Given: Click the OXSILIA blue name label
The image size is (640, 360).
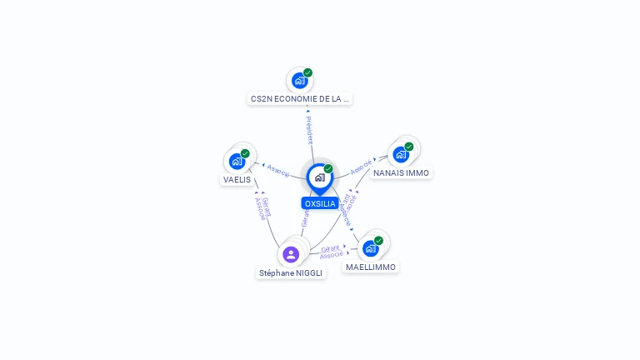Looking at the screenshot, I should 320,203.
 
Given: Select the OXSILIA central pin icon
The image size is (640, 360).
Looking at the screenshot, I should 319,177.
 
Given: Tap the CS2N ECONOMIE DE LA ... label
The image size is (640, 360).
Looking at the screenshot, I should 300,98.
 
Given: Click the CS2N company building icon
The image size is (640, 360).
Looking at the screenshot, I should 300,81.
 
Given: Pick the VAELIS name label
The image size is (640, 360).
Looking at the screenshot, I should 237,179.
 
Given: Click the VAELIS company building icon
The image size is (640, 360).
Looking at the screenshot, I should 237,161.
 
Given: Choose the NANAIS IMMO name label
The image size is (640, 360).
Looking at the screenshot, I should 401,172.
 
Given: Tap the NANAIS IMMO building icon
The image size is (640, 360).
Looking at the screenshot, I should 401,154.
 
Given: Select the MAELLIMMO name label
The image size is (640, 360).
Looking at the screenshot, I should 371,267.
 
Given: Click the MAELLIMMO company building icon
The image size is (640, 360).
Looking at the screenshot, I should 371,248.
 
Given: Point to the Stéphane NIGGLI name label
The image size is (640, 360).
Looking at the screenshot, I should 291,272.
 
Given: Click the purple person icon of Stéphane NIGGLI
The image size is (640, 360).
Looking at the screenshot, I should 291,254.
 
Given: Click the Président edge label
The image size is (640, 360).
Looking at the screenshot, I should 309,130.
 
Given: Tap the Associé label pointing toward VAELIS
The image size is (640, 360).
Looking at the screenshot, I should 278,170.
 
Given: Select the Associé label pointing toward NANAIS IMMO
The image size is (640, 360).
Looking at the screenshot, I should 361,167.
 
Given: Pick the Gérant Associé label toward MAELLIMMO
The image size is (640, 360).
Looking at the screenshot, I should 332,252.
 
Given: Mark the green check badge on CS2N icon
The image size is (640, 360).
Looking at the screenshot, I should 307,73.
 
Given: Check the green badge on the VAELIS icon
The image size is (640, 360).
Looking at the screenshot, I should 245,153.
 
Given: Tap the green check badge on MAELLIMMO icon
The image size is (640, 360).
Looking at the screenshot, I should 378,241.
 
